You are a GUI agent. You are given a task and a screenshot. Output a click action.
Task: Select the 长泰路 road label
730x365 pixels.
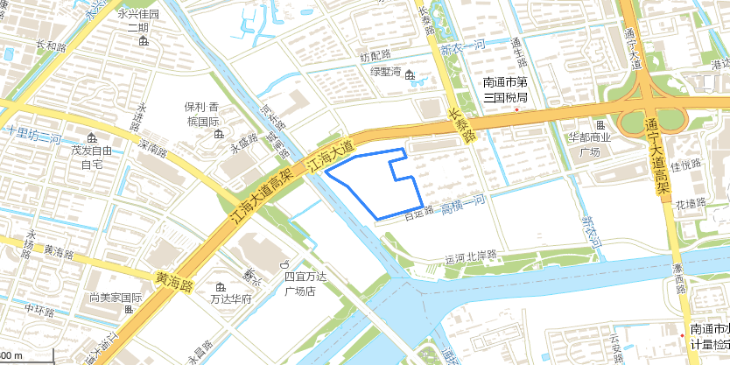[461, 124]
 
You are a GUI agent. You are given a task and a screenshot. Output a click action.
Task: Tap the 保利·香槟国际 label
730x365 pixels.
[200, 114]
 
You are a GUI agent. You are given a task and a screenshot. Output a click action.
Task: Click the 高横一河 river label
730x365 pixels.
[462, 205]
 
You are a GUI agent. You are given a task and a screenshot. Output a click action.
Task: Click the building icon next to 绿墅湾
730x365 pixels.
[410, 73]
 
